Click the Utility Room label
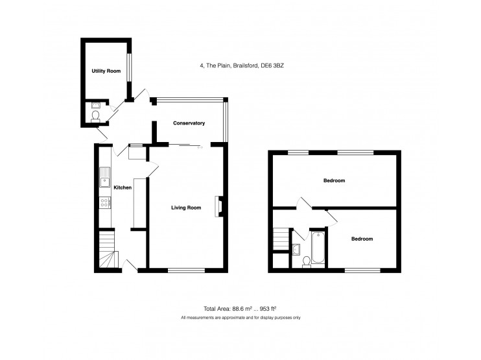click(x=106, y=71)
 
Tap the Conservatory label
click(x=189, y=123)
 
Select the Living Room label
click(x=186, y=208)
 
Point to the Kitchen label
click(x=123, y=187)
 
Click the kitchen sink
click(x=104, y=177)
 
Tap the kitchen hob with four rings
click(x=104, y=202)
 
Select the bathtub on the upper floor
click(x=318, y=248)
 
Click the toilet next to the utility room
click(x=95, y=117)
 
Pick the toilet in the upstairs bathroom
click(x=306, y=262)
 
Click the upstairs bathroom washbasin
click(x=296, y=249)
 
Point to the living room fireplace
click(x=218, y=206)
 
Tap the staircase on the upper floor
click(x=281, y=239)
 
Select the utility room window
click(x=130, y=67)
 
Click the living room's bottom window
click(x=186, y=270)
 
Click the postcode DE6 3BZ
click(x=272, y=66)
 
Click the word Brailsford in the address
click(x=246, y=66)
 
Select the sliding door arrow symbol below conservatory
click(x=200, y=148)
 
